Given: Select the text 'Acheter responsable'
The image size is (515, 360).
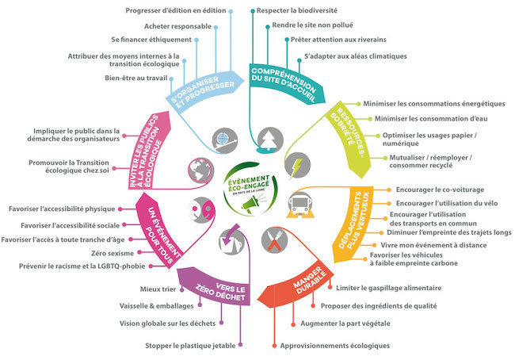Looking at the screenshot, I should tap(174, 26).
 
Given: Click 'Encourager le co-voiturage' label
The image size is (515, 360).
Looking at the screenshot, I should tap(440, 190).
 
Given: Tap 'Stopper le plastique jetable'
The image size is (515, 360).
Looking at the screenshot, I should tap(189, 346).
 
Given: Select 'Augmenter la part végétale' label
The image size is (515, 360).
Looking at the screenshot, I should tap(343, 324).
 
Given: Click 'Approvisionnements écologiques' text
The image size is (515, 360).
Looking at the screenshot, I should tap(335, 346).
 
